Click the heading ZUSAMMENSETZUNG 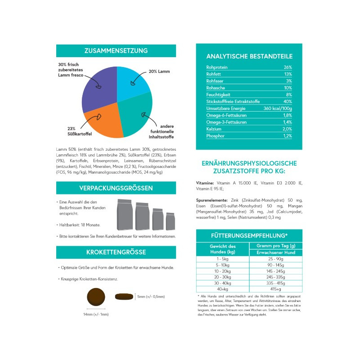pos(116,51)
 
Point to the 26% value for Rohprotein pos(288,67)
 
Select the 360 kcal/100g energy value pos(278,108)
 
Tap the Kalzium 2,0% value pos(288,129)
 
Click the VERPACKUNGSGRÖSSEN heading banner pos(116,188)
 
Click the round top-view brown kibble pos(96,297)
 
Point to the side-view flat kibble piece pos(125,297)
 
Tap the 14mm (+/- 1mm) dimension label pos(96,314)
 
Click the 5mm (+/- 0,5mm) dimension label pos(151,297)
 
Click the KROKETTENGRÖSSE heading pos(116,252)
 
